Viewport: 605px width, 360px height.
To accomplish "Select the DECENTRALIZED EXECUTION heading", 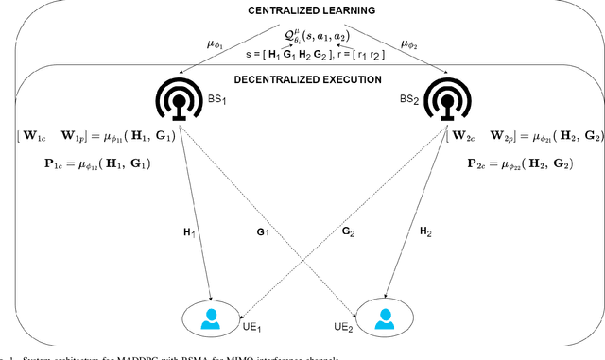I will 302,80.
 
